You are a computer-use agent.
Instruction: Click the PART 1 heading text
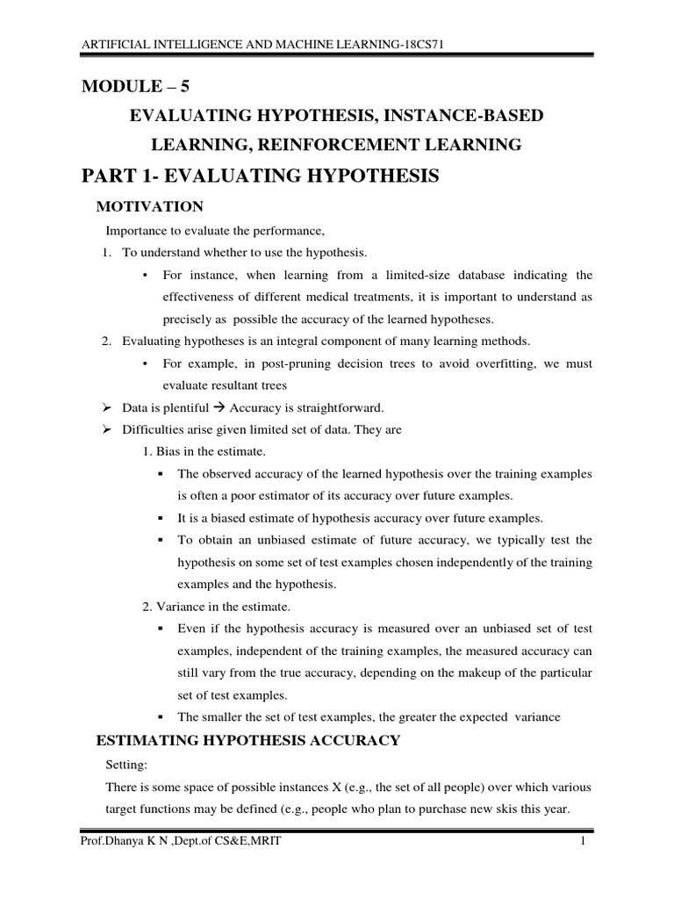coord(260,176)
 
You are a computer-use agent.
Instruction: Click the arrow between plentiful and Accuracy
coord(219,407)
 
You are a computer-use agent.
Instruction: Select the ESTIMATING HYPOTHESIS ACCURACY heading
coord(247,741)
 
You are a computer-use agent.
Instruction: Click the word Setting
coord(129,765)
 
